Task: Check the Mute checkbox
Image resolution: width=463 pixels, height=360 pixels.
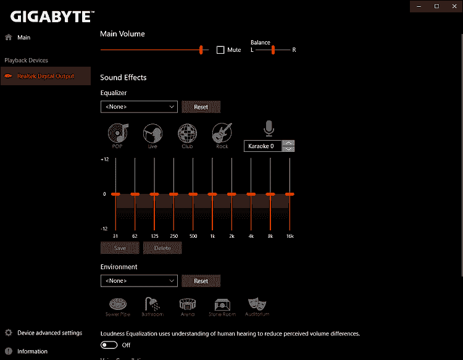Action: tap(220, 50)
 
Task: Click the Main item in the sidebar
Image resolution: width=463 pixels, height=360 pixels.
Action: tap(23, 38)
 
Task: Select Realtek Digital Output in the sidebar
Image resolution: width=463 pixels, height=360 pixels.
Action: tap(45, 76)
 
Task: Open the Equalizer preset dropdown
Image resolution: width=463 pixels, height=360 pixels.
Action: tap(139, 107)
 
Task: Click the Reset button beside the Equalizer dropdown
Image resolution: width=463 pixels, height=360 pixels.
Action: tap(201, 107)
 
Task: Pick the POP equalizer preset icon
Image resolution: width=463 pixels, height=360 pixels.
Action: tap(117, 133)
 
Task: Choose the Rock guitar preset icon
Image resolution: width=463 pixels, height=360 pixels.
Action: tap(222, 133)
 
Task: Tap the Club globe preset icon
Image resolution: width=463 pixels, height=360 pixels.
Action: tap(187, 133)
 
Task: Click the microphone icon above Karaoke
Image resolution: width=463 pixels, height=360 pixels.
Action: tap(269, 128)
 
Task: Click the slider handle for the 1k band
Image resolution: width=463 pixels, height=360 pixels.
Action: tap(212, 195)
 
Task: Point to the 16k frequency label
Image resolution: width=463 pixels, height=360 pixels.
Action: tap(290, 237)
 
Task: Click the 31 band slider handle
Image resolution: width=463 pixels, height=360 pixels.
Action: tap(115, 195)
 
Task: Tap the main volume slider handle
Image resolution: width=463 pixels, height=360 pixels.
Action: tap(201, 50)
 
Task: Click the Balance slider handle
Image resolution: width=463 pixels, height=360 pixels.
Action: tap(273, 50)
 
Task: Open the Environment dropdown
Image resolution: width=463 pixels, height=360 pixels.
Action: tap(139, 281)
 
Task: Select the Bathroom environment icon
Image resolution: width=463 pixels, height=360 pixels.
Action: tap(151, 304)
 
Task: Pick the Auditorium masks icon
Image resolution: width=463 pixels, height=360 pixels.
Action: tap(257, 304)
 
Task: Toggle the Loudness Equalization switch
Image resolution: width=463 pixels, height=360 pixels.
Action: tap(109, 345)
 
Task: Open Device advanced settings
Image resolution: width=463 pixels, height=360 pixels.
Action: tap(49, 333)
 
